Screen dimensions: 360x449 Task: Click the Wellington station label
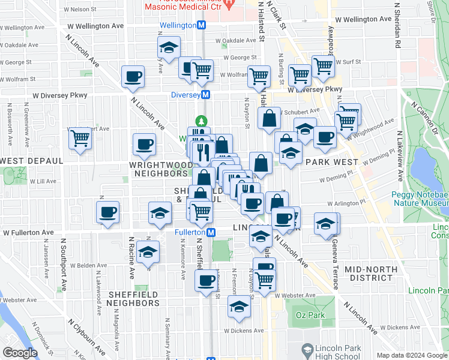[178, 26]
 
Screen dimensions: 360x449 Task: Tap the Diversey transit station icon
[205, 95]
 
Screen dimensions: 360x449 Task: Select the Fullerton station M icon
[211, 232]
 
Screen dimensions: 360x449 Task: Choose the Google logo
[20, 353]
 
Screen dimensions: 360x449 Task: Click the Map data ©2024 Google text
[411, 355]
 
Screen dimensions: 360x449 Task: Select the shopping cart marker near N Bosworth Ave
[80, 137]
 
